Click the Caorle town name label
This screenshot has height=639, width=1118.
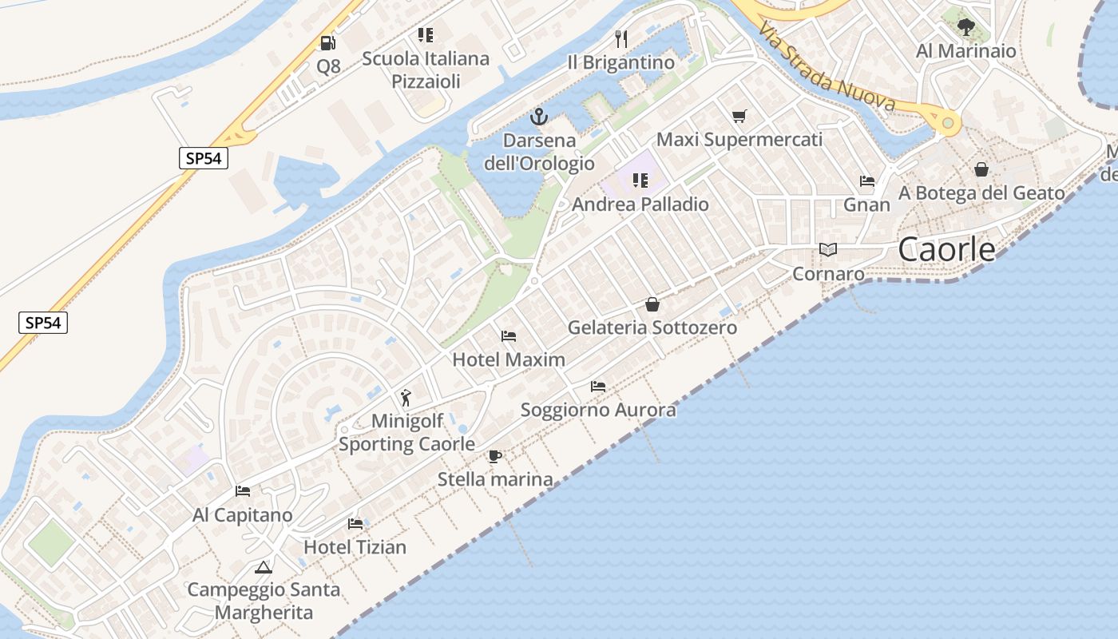tap(946, 250)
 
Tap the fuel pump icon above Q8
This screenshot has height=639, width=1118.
tap(328, 43)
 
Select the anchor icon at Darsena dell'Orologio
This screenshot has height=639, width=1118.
tap(540, 117)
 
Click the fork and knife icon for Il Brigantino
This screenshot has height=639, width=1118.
tap(621, 38)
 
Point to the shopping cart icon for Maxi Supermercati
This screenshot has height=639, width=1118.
tap(739, 117)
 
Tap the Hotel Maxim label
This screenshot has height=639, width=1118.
tap(509, 359)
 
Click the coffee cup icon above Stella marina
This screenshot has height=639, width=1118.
tap(495, 457)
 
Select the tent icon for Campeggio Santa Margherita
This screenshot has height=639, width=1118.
tap(264, 568)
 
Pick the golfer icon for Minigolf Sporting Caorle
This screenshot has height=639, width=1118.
tap(406, 397)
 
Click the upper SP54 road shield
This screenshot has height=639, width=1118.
tap(203, 158)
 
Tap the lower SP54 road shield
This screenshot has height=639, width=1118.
tap(43, 323)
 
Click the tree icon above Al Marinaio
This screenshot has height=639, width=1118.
tap(966, 27)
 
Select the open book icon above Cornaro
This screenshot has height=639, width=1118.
tap(828, 250)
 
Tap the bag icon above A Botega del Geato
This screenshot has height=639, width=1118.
tap(981, 169)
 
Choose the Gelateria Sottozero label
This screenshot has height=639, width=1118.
tap(652, 327)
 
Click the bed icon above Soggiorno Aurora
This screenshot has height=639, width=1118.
tap(598, 387)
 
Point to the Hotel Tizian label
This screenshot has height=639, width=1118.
tap(355, 547)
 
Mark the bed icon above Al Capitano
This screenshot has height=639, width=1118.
tap(243, 491)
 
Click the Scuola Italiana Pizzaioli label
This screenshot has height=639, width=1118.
tap(426, 69)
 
